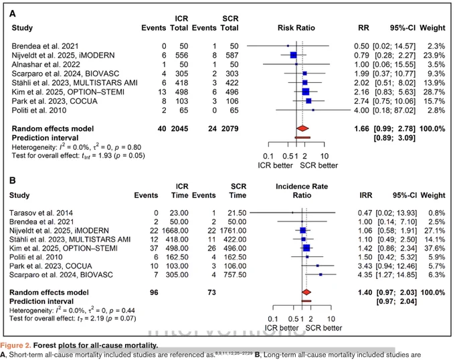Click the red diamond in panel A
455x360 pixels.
point(302,128)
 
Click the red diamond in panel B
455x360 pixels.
point(306,292)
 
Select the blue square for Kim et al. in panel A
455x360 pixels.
point(306,92)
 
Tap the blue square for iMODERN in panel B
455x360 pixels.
point(303,230)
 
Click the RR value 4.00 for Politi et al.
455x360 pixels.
point(361,110)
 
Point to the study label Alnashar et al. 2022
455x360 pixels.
point(46,64)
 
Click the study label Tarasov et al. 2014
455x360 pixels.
point(41,213)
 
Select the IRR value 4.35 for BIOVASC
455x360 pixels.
point(365,274)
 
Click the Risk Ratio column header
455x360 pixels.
point(296,28)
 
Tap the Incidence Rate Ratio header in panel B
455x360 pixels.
point(302,191)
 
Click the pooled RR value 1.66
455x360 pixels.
point(361,128)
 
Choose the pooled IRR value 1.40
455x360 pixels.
point(365,292)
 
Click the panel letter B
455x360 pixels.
point(13,181)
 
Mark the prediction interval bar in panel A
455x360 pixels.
point(302,137)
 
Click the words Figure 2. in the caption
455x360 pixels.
point(15,345)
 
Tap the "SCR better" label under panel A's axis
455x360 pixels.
point(319,165)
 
